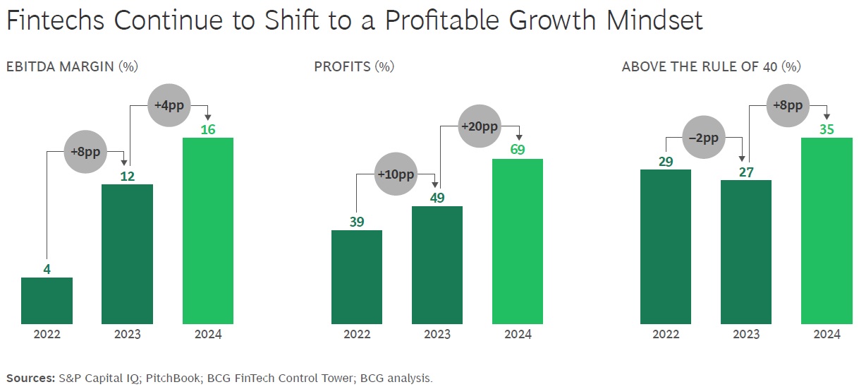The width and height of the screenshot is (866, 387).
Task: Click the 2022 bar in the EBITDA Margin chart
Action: click(x=47, y=301)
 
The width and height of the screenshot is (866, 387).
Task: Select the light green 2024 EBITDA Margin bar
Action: click(x=208, y=231)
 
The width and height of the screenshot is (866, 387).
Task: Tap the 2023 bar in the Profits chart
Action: click(x=437, y=265)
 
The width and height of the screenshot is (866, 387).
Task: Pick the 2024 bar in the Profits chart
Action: click(x=518, y=242)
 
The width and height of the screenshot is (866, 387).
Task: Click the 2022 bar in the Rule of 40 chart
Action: click(x=665, y=246)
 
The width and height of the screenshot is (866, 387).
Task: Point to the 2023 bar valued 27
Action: click(x=746, y=252)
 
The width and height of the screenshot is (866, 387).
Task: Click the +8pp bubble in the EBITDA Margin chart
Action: click(x=85, y=152)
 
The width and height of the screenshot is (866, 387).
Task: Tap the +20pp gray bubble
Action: click(x=480, y=126)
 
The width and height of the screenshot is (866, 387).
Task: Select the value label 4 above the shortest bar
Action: click(x=47, y=268)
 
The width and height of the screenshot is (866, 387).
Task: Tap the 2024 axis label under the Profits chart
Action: click(x=518, y=334)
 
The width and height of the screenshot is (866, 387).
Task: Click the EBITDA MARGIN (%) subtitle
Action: click(x=72, y=66)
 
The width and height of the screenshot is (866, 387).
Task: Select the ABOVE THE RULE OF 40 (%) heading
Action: click(x=712, y=66)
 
